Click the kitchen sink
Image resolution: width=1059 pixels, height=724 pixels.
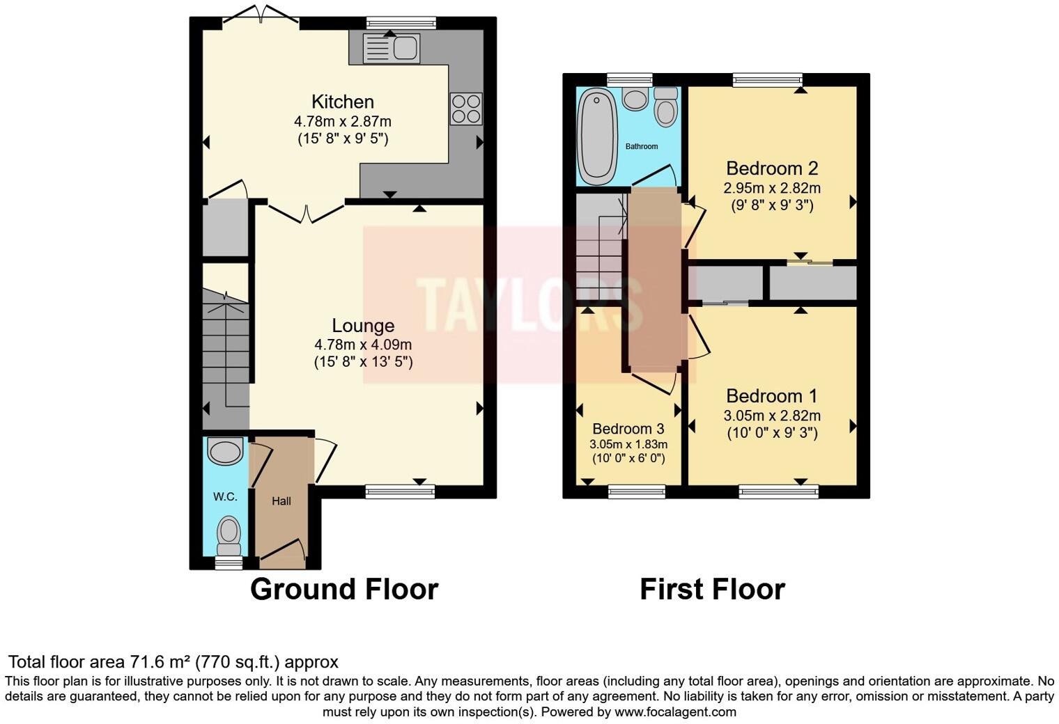pyautogui.click(x=392, y=48)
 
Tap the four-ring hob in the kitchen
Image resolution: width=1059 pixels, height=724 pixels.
pyautogui.click(x=466, y=109)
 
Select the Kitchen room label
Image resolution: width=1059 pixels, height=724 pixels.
pyautogui.click(x=342, y=102)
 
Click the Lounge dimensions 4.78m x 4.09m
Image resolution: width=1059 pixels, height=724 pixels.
pyautogui.click(x=363, y=345)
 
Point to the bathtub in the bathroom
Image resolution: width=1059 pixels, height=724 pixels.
pyautogui.click(x=597, y=137)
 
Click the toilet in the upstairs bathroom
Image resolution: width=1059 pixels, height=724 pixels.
pyautogui.click(x=666, y=107)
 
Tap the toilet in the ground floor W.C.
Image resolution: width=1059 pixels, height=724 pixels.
pyautogui.click(x=228, y=533)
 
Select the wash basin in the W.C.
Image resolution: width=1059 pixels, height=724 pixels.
pyautogui.click(x=225, y=451)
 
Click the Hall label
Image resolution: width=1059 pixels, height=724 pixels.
pyautogui.click(x=281, y=501)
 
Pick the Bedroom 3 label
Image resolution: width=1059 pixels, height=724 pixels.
pyautogui.click(x=628, y=429)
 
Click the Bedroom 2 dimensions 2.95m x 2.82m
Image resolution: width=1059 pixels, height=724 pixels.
pyautogui.click(x=771, y=188)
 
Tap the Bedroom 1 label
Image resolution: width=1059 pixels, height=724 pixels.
pyautogui.click(x=771, y=396)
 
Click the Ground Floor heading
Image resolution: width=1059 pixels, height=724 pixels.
pyautogui.click(x=344, y=589)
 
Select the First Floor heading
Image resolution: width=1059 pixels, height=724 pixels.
pyautogui.click(x=712, y=589)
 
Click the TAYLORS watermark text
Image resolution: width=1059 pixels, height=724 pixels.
pyautogui.click(x=529, y=305)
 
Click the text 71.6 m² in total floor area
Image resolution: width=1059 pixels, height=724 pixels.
pyautogui.click(x=160, y=661)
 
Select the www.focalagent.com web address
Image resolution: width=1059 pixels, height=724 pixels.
pyautogui.click(x=674, y=711)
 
